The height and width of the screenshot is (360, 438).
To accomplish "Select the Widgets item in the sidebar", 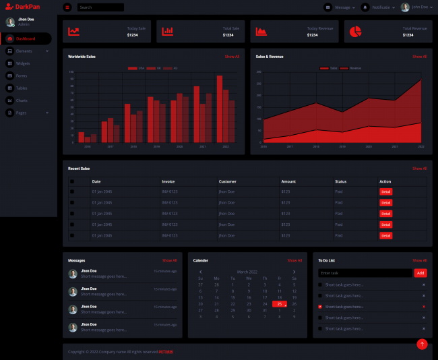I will click(x=22, y=63).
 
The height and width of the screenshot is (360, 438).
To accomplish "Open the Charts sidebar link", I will click(x=22, y=100).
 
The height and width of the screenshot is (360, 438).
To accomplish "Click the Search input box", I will click(x=100, y=7).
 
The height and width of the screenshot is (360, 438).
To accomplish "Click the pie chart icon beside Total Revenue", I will click(x=356, y=31).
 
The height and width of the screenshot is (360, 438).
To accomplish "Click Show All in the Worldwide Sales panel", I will click(x=232, y=57).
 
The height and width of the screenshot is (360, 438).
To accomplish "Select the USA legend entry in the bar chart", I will click(x=137, y=68).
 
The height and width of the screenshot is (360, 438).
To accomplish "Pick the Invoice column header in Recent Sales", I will click(x=168, y=181).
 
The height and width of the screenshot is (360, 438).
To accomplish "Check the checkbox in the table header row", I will click(x=72, y=181).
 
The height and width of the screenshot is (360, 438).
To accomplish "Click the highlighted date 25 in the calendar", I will click(x=279, y=304).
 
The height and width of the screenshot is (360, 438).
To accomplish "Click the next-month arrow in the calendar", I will click(x=294, y=272).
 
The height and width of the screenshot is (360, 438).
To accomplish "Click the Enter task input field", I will click(x=365, y=273).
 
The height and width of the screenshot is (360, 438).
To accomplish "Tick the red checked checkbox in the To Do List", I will click(x=320, y=307).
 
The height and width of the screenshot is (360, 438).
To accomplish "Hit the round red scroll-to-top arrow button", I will click(x=422, y=344).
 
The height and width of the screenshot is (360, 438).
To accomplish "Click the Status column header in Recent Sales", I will click(x=341, y=181).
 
